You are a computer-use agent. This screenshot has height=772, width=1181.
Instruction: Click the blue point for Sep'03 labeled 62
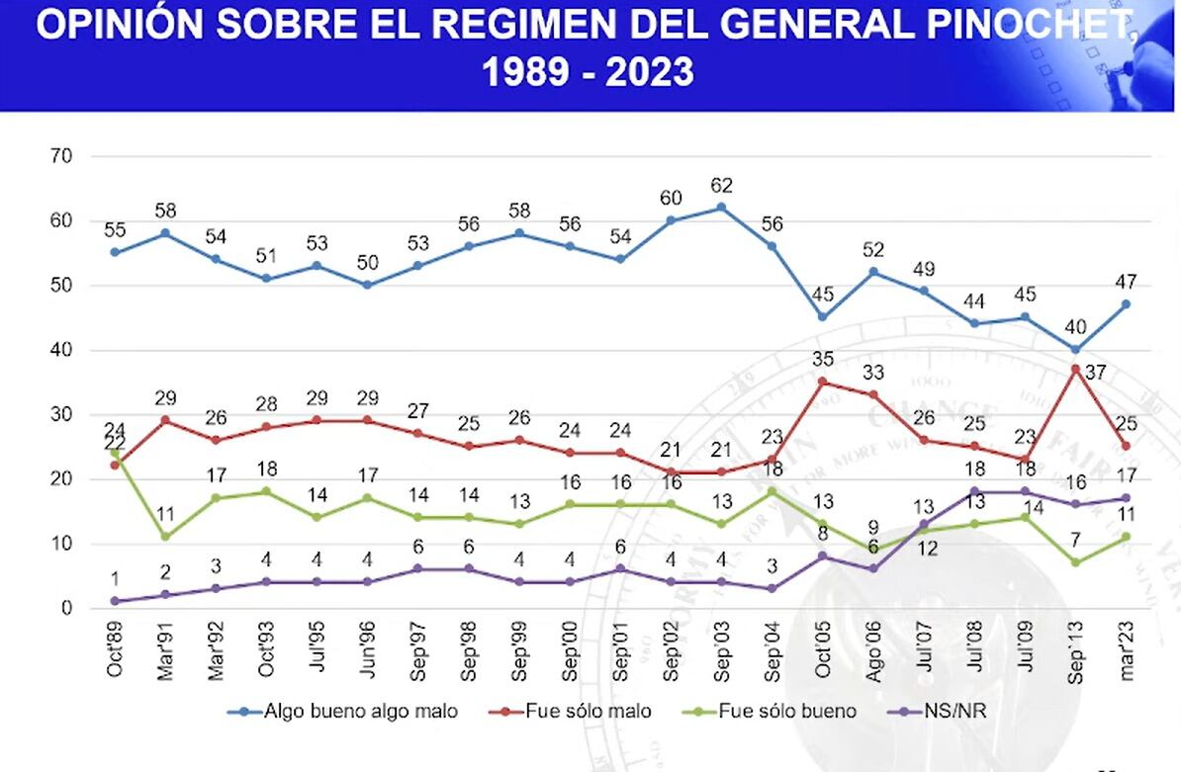pos(721,208)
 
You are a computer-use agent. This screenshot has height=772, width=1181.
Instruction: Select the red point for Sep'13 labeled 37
pos(1075,370)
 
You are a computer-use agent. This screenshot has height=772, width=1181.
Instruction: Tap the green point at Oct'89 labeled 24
pos(115,453)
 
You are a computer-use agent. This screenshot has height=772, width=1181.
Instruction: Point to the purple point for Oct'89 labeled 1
pos(115,601)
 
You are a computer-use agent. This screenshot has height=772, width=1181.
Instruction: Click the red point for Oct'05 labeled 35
pos(823,383)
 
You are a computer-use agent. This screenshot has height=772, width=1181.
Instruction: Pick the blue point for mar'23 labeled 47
pos(1126,304)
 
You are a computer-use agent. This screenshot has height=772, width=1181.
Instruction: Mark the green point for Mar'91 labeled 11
pos(165,537)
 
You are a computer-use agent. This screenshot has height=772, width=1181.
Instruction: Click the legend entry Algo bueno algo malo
pos(342,711)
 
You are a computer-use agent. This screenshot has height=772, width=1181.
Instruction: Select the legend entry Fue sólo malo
pos(570,711)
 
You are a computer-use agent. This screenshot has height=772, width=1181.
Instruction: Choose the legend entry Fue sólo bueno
pos(769,711)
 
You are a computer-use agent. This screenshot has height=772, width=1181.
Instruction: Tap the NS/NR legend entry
pos(937,711)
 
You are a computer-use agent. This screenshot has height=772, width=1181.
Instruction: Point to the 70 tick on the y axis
pos(61,156)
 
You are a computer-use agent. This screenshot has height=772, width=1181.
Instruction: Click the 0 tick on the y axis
pos(67,608)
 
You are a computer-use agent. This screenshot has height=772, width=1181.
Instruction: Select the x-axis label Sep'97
pos(418,651)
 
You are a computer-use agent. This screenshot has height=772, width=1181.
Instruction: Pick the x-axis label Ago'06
pos(873,651)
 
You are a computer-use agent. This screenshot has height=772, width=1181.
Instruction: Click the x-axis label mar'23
pos(1127,651)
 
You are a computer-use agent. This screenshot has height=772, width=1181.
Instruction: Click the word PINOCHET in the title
pos(1030,25)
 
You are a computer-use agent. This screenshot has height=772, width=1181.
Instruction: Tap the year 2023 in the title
pos(649,73)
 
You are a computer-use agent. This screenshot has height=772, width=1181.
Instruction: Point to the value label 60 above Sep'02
pos(671,198)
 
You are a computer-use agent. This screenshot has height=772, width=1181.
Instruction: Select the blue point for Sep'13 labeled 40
pos(1075,350)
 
